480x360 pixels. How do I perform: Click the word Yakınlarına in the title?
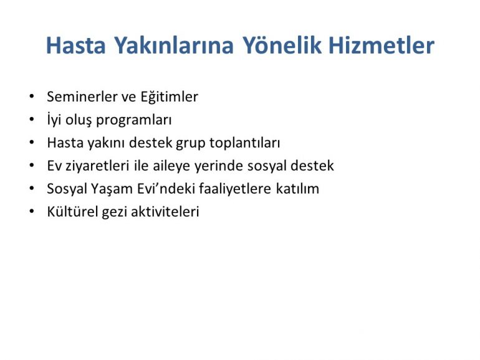(174, 45)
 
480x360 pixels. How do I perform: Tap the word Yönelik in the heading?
(282, 45)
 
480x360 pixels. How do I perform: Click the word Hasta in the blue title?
(76, 45)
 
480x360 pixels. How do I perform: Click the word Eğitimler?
(170, 97)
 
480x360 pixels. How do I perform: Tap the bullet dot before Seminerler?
(32, 97)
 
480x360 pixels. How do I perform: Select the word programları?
(134, 120)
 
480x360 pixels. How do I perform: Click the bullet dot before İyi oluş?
(32, 120)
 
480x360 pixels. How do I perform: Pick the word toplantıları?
(244, 143)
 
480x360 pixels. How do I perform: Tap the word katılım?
(297, 189)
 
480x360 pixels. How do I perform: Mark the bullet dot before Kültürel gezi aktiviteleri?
(32, 211)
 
